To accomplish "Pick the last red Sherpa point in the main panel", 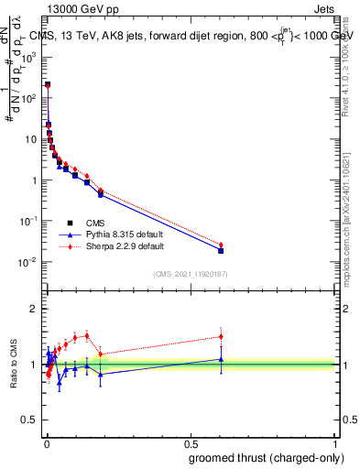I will [221, 245].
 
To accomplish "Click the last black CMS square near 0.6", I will [221, 250].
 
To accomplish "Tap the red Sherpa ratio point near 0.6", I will [221, 336].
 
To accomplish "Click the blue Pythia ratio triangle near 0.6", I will [221, 359].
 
